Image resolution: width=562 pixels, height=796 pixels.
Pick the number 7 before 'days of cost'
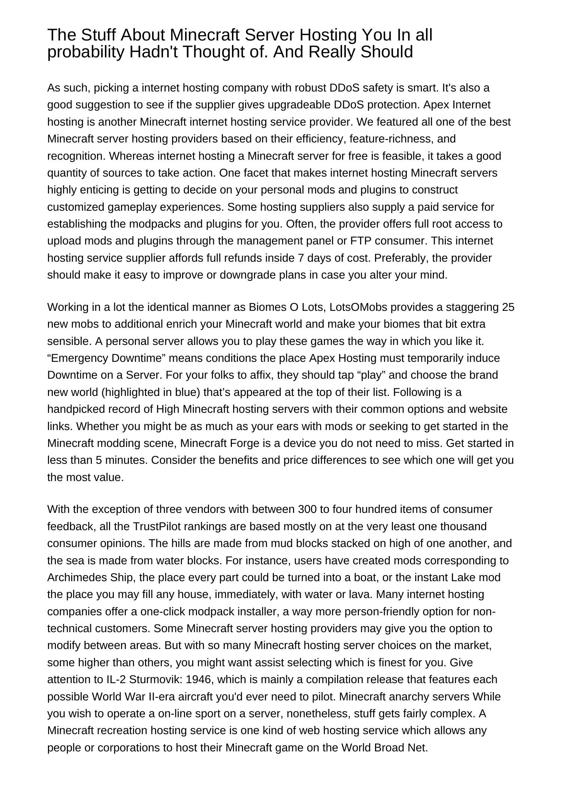point(300,258)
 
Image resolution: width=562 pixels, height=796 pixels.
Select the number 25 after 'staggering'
point(508,307)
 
